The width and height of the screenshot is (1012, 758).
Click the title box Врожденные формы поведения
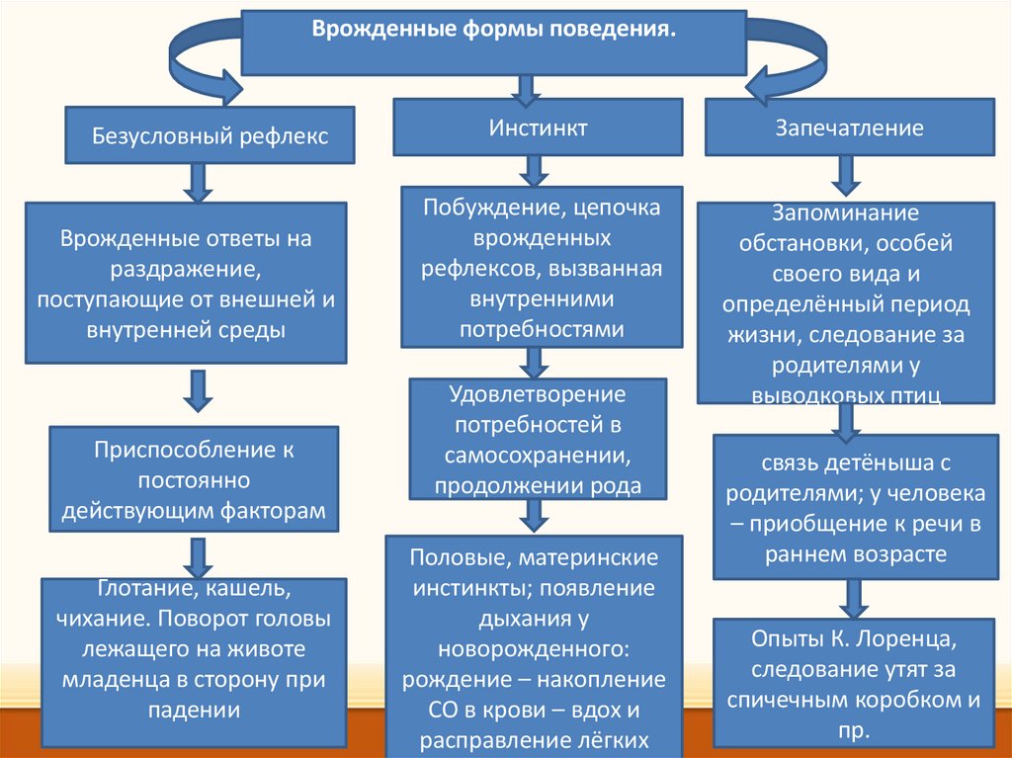[494, 42]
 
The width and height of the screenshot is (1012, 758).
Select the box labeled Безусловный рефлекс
[210, 136]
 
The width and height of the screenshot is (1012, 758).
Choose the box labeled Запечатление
[849, 127]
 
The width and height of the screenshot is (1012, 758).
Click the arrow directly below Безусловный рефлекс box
[197, 182]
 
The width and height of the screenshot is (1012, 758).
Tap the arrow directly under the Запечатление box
[845, 177]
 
